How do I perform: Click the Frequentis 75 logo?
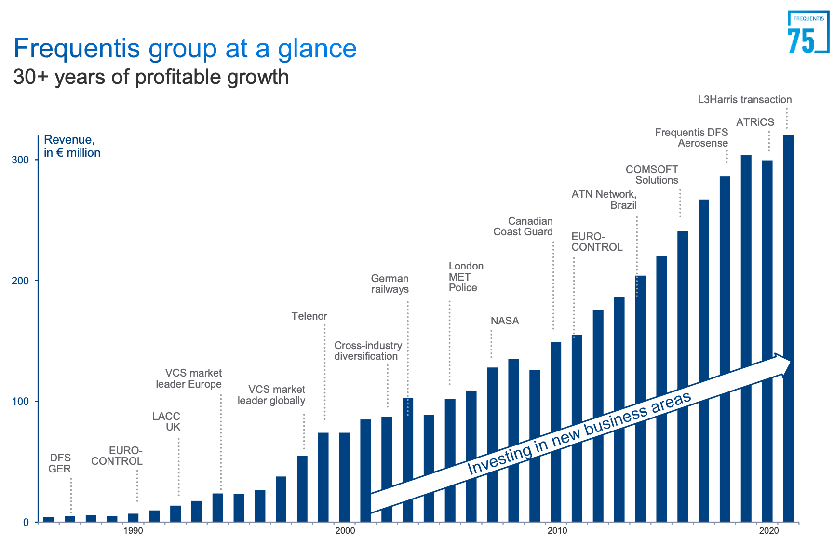807,32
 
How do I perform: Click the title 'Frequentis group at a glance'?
185,49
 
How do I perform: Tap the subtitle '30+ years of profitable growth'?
151,77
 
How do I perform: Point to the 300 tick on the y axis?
20,160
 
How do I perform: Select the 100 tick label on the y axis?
20,402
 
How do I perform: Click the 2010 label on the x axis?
557,531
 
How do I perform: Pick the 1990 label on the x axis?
133,531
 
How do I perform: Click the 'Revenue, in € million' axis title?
72,146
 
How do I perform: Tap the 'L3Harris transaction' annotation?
744,100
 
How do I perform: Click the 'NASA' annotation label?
505,321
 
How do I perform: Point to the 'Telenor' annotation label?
309,316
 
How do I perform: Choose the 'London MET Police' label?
465,277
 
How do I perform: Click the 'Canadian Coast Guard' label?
524,227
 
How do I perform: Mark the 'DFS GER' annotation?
60,463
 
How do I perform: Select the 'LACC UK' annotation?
166,421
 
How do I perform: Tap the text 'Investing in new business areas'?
578,433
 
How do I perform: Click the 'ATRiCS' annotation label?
754,122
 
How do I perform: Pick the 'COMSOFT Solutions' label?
653,175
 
